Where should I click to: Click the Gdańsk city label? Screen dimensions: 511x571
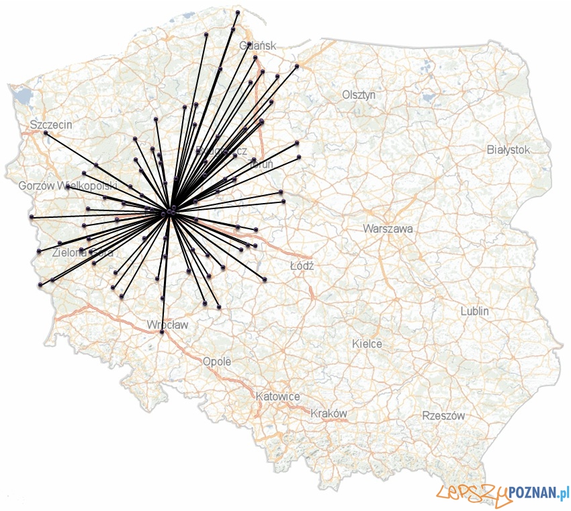tap(258, 46)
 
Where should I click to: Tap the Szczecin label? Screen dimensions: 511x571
tap(50, 124)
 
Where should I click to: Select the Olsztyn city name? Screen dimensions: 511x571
tap(358, 95)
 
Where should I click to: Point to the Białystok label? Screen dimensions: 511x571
tap(508, 149)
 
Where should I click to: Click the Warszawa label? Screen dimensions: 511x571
tap(388, 229)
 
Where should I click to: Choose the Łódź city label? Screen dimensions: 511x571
tap(302, 266)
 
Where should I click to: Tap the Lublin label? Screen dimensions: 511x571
tap(474, 311)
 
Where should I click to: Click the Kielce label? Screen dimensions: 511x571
tap(367, 344)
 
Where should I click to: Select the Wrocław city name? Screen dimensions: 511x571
tap(167, 325)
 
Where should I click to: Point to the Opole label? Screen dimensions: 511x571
tap(216, 361)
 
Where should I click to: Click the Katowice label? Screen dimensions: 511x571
tap(277, 397)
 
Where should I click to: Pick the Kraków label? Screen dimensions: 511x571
tap(328, 414)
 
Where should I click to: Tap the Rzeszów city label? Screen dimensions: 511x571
tap(443, 416)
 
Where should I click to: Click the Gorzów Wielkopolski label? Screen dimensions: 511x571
tap(68, 185)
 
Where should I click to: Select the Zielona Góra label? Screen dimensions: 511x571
tap(82, 253)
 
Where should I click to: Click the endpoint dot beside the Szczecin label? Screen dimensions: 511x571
tap(46, 133)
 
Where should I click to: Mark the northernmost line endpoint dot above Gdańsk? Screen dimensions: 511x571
tap(237, 13)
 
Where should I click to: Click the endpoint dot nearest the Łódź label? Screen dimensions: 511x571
tap(265, 278)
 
